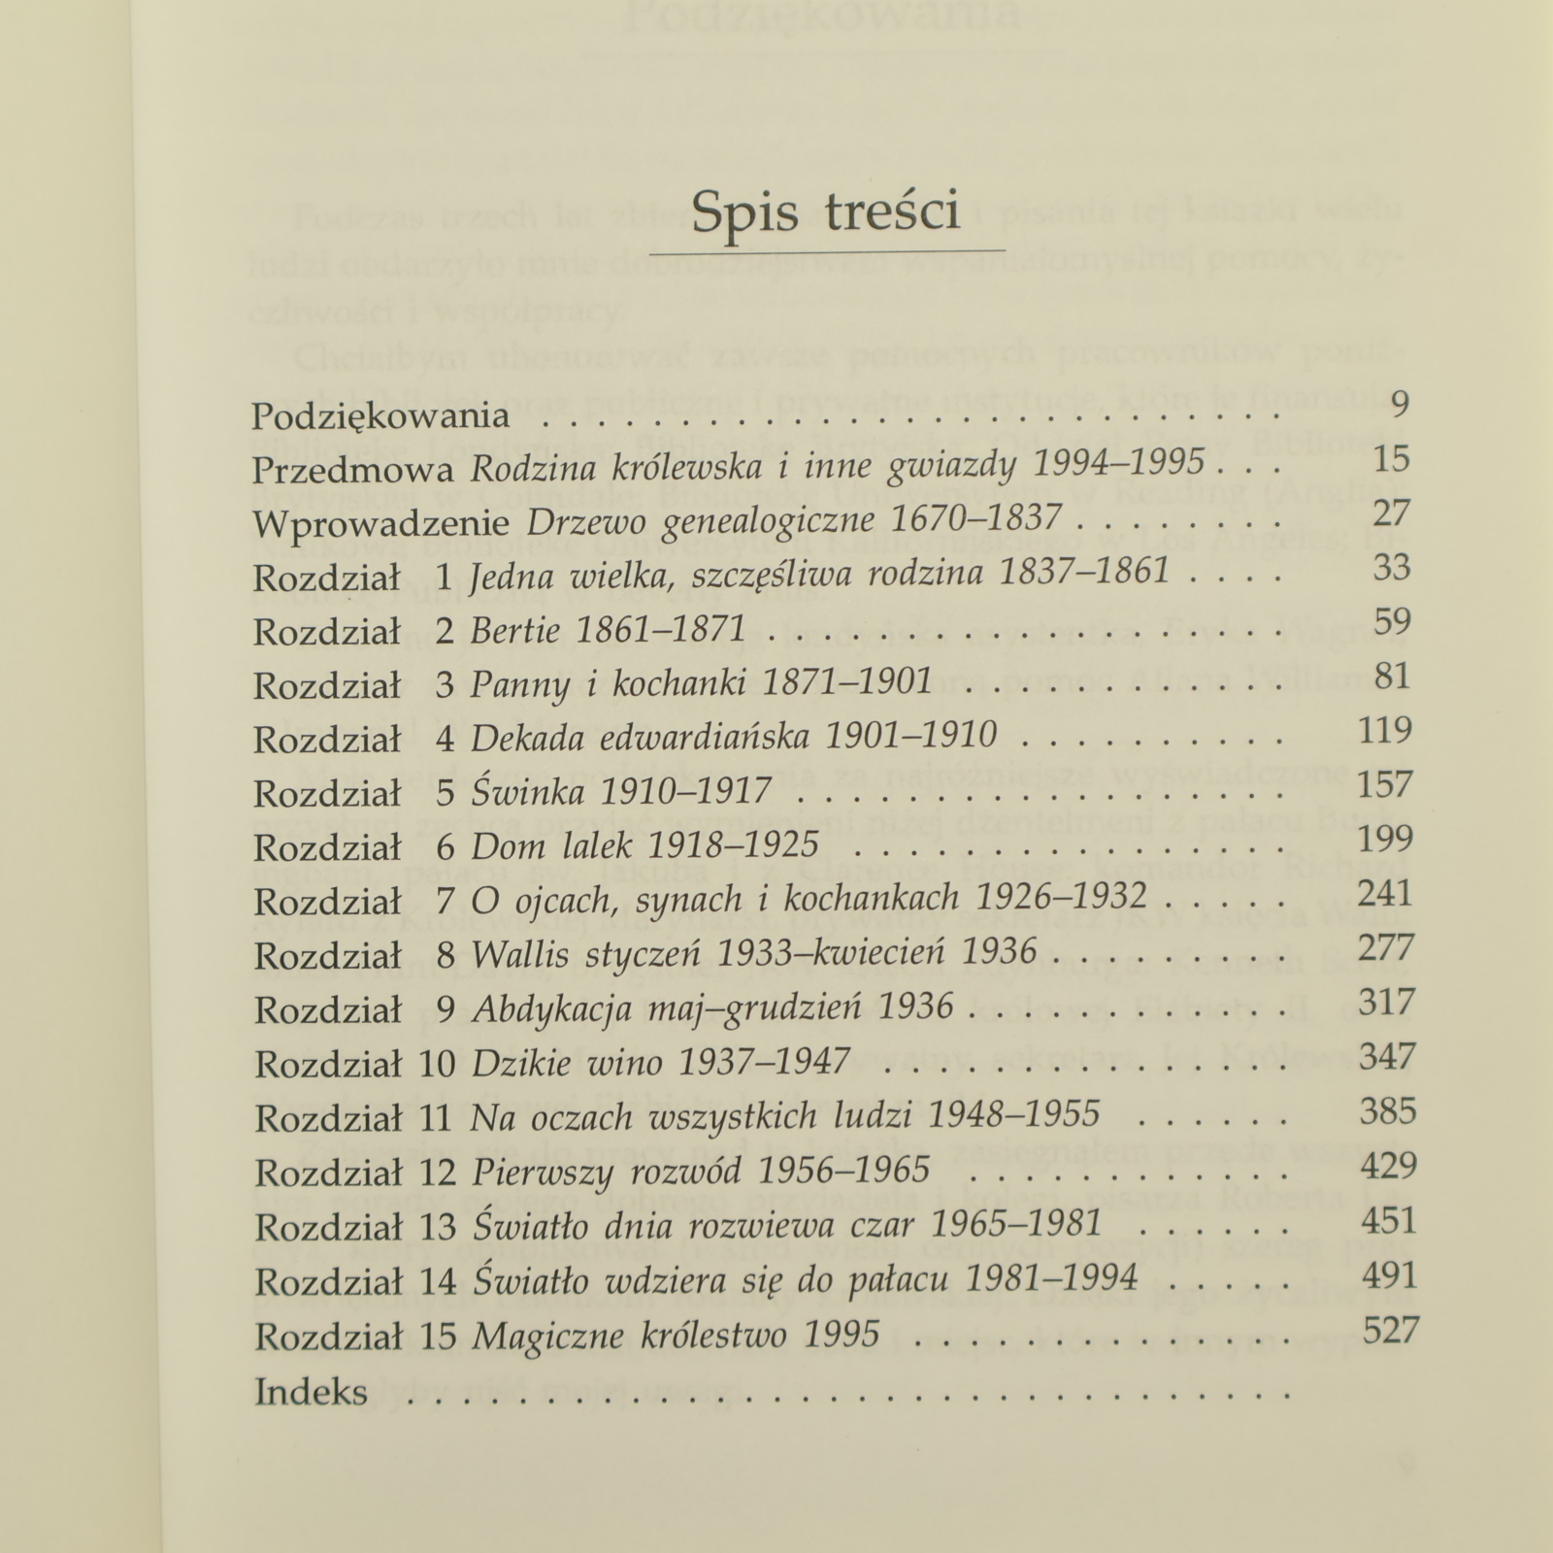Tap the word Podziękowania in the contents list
coord(380,416)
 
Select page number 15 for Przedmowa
coord(1391,459)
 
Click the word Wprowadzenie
coord(381,524)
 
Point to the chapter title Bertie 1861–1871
coord(608,632)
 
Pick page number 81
coord(1392,676)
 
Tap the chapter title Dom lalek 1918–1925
coord(644,847)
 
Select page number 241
coord(1385,893)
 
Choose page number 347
coord(1388,1056)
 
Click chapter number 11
coord(437,1118)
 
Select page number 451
coord(1388,1219)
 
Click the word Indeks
coord(311,1393)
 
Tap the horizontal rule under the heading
coord(827,252)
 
